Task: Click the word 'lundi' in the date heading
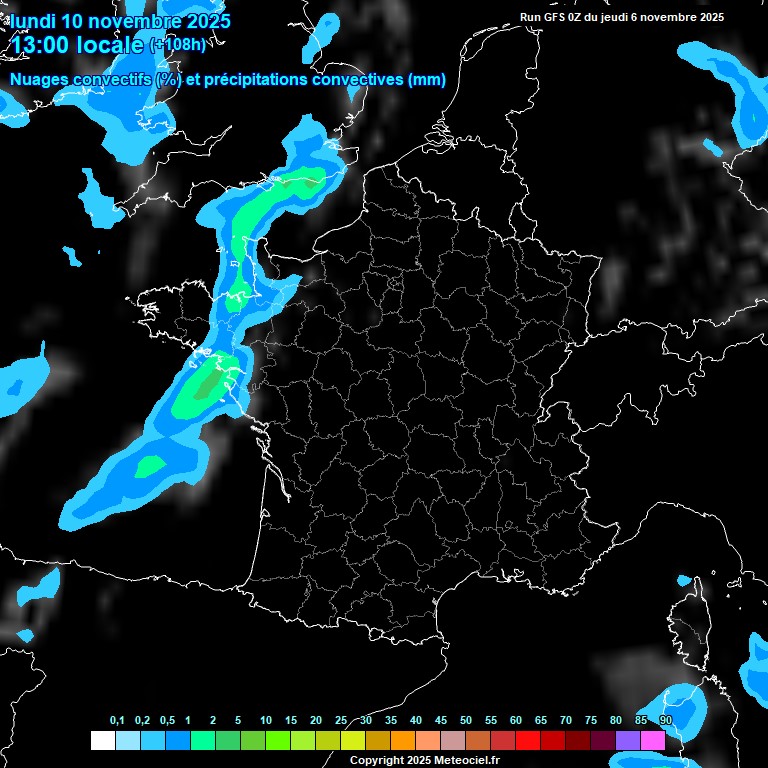32,20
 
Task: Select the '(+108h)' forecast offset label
177,44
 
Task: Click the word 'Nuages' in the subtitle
39,80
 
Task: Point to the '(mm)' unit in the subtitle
427,80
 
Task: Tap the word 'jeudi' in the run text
629,17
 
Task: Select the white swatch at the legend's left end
102,740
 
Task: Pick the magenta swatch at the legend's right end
653,740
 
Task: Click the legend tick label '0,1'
117,721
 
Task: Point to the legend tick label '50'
466,721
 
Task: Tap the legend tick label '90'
666,721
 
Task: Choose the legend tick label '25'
341,721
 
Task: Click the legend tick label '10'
266,721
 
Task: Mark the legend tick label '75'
591,721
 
